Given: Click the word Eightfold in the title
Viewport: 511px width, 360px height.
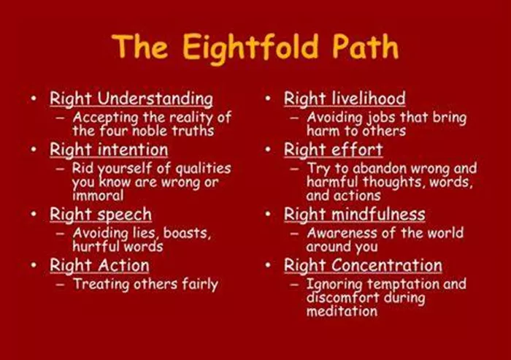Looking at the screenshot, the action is (x=250, y=47).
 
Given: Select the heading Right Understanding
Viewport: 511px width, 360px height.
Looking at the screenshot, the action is (x=131, y=99).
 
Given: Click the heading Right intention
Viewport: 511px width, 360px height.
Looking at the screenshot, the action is (x=109, y=150).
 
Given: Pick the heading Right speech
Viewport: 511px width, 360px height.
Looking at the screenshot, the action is (x=101, y=215).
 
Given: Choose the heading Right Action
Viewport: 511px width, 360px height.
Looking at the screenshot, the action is (x=99, y=265).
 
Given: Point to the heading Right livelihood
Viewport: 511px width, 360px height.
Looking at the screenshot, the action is (x=345, y=99).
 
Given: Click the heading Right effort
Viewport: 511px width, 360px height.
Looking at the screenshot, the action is (x=333, y=150).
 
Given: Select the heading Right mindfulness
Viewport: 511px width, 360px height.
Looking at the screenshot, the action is (x=354, y=214).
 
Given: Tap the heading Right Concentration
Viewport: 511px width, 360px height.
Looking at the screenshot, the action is (x=363, y=265).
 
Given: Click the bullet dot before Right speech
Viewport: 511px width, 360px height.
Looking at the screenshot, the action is (x=34, y=213).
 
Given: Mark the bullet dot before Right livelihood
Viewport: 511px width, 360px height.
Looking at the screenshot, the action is (x=268, y=98).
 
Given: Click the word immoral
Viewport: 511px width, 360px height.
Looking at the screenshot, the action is (x=98, y=196).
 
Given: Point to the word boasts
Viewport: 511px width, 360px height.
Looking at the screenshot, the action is (x=187, y=233).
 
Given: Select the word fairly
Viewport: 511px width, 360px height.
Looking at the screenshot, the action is (x=200, y=285).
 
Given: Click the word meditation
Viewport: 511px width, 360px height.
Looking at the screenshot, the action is (x=342, y=311).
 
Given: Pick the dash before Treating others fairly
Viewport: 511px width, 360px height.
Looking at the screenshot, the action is (x=60, y=284).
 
